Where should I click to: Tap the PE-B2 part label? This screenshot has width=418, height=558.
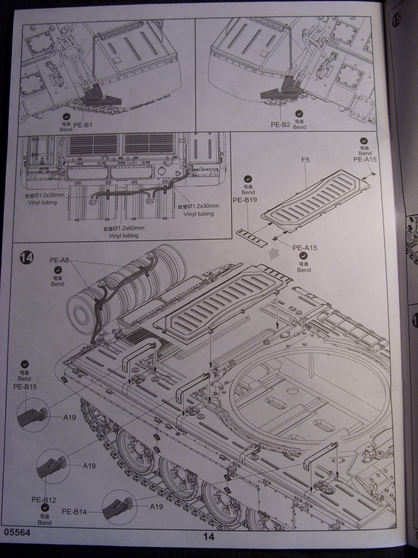click(x=281, y=124)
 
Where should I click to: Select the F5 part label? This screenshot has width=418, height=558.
click(x=305, y=161)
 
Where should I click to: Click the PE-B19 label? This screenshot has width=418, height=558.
click(x=245, y=200)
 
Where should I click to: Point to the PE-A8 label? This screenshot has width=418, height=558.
click(x=59, y=260)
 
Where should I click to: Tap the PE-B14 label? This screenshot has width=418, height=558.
click(x=76, y=511)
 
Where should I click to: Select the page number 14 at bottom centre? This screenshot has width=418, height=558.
click(x=208, y=536)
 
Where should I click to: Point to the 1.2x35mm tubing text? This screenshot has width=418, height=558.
click(x=45, y=196)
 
